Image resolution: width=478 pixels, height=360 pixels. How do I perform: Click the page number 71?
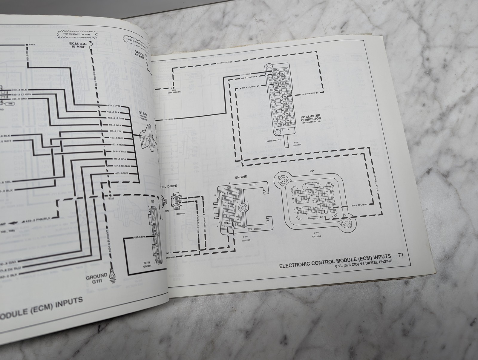[x=401, y=255]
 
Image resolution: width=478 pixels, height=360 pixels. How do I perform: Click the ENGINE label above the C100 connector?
[x=241, y=177]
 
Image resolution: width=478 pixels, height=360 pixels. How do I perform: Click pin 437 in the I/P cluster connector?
[x=274, y=70]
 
